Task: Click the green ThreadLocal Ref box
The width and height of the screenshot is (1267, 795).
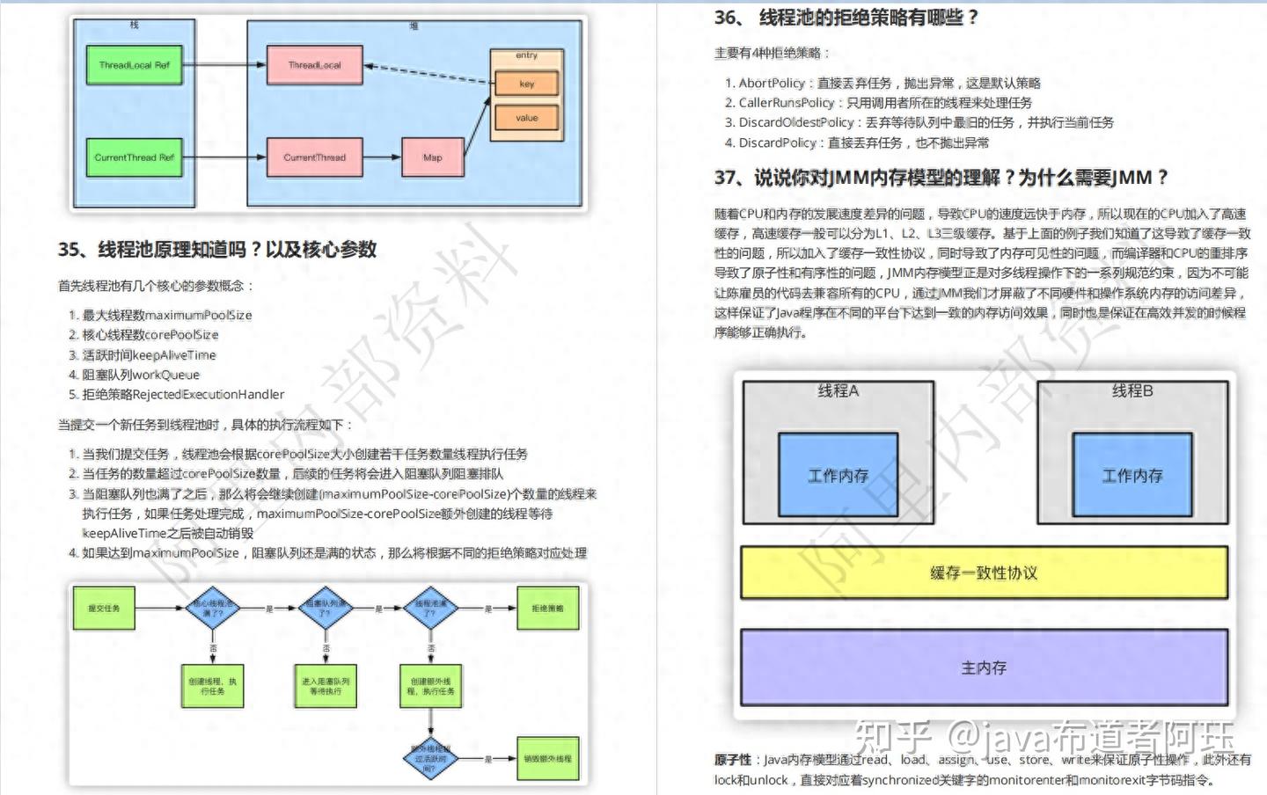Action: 134,65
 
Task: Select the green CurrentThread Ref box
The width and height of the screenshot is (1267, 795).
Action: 134,157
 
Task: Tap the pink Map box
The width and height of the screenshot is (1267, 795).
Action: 432,157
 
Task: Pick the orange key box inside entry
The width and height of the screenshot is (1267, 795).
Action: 526,84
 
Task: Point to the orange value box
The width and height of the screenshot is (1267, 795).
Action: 526,118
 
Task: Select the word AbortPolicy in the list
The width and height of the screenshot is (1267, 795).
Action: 772,84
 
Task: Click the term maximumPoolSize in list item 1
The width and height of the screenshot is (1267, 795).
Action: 199,316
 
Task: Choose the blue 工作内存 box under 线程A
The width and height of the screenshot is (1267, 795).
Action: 838,476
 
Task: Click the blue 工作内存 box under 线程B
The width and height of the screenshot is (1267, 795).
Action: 1132,476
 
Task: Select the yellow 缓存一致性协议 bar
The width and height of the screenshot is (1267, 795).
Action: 984,573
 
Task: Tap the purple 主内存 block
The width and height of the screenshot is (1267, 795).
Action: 984,667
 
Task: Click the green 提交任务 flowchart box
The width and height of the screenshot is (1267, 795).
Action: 104,609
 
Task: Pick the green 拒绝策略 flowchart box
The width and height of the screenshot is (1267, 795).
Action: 547,609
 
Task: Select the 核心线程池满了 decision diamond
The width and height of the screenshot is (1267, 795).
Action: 213,609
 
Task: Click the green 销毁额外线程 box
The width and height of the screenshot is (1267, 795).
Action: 547,759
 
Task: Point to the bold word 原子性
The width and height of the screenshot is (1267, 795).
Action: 732,760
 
